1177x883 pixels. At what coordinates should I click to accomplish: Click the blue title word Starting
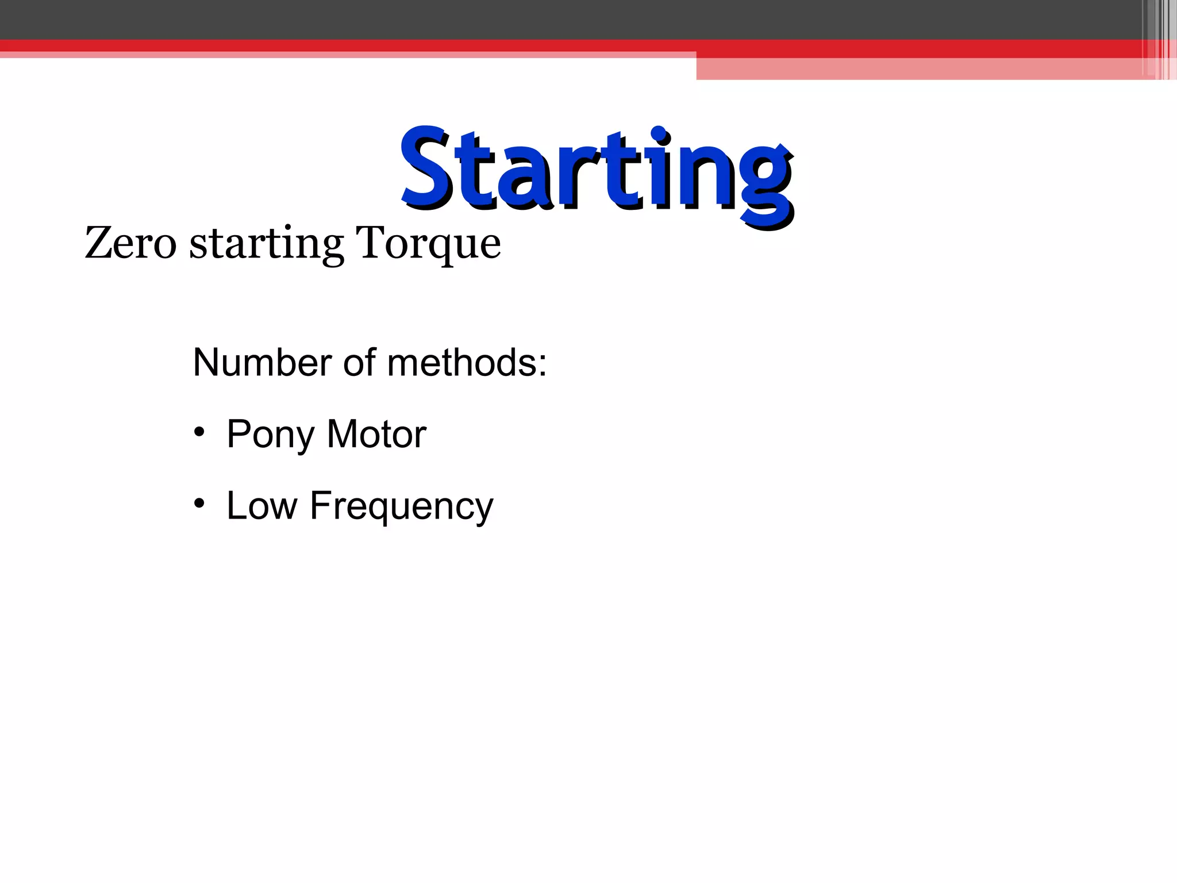(597, 170)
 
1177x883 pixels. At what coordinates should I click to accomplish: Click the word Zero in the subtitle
(130, 243)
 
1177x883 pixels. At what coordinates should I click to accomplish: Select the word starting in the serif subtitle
(266, 244)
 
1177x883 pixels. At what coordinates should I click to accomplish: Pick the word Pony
(270, 435)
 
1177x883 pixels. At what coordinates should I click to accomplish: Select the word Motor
(376, 434)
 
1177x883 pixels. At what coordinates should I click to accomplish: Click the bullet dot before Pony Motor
(199, 432)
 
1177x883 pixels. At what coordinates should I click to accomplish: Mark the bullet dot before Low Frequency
(199, 504)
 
